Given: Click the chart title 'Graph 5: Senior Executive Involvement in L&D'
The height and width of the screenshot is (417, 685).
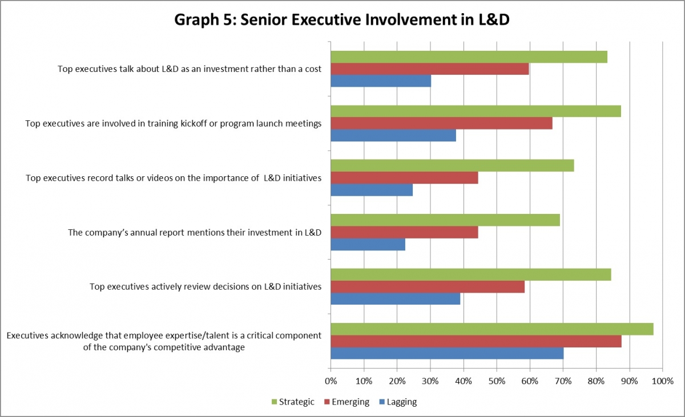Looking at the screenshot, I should tap(342, 19).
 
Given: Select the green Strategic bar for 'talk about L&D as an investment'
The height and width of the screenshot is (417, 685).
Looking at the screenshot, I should tap(469, 57).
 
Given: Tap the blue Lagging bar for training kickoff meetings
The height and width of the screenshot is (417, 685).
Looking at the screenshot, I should tap(393, 135).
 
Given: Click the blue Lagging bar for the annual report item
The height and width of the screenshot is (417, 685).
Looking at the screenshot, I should tap(368, 244).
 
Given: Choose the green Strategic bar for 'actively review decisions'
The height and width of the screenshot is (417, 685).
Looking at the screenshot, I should tap(471, 274).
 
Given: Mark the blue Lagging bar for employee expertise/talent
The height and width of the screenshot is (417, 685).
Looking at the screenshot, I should tap(447, 354).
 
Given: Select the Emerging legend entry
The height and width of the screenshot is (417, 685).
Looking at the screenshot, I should tap(346, 402).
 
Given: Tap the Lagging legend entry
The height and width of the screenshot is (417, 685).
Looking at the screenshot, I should tap(398, 402).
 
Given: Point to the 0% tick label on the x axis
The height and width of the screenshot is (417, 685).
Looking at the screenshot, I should tap(331, 380).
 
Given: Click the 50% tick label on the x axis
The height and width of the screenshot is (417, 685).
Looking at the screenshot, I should tap(497, 380).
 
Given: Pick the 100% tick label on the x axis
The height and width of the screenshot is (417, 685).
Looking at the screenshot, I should tap(662, 380).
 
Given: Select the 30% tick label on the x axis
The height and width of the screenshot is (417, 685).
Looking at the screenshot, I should tap(430, 380).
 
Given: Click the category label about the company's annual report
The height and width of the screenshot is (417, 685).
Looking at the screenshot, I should tap(195, 232).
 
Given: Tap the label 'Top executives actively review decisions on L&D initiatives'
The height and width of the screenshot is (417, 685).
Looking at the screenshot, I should tap(205, 286).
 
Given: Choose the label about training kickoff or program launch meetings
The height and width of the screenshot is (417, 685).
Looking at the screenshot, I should tap(174, 123).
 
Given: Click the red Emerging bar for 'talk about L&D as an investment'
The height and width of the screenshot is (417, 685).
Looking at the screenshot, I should tap(430, 69).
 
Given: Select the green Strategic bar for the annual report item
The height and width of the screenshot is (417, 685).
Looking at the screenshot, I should tap(445, 220).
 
